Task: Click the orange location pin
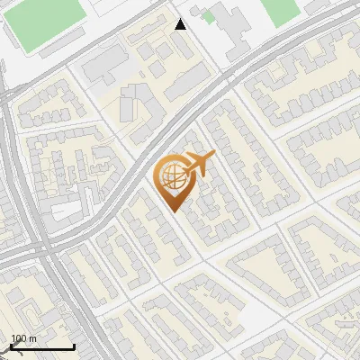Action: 174,180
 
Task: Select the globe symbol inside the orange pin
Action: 173,176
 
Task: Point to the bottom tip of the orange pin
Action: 174,211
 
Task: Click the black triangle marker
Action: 181,24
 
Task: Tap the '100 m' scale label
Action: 23,338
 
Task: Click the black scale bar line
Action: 42,347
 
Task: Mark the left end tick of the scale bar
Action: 11,346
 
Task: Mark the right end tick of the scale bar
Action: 74,346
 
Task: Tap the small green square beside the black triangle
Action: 209,16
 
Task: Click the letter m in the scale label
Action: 32,338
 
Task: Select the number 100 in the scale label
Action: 18,338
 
